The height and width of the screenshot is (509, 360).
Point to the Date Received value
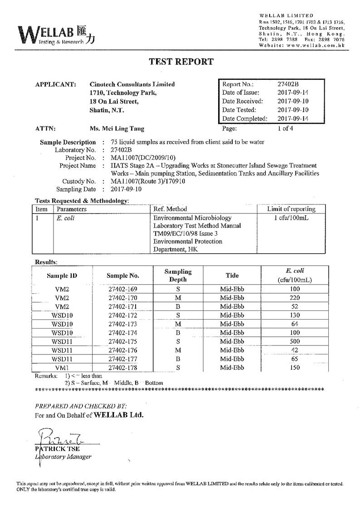click(293, 101)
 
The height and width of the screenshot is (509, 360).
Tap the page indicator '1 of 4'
click(285, 128)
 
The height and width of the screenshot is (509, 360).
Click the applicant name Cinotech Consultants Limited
click(132, 84)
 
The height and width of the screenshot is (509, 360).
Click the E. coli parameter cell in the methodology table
click(63, 218)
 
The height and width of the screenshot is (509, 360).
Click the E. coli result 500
click(295, 341)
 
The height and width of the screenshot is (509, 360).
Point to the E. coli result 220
click(295, 298)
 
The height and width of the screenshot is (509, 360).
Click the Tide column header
click(232, 275)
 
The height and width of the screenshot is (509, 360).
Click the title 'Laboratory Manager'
click(63, 457)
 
